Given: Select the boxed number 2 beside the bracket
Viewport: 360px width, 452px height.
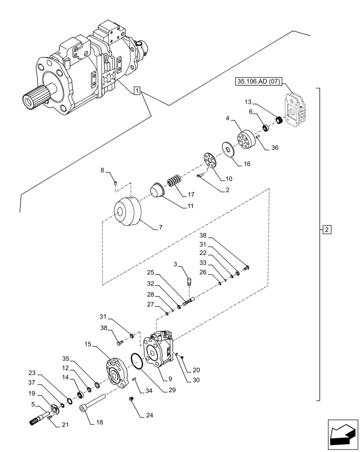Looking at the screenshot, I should (x=327, y=230).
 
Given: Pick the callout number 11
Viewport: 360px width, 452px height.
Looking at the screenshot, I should (x=190, y=206).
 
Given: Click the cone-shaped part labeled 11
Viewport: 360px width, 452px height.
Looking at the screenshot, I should (x=157, y=189).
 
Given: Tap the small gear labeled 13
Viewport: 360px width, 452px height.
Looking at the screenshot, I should (x=279, y=121).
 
